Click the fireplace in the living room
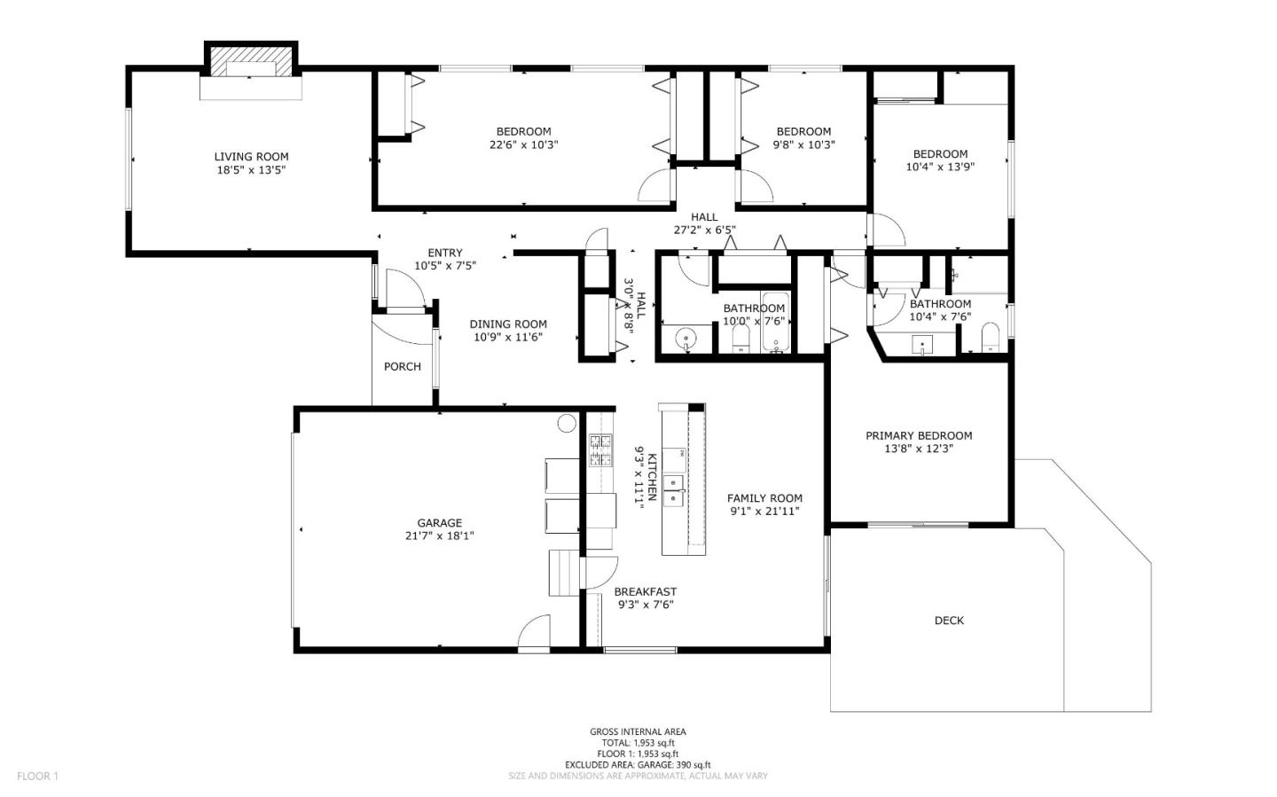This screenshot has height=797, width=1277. click(252, 70)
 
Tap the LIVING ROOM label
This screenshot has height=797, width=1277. click(251, 157)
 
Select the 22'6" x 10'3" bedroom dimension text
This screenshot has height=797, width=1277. click(523, 145)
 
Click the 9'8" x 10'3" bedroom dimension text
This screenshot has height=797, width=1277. click(803, 145)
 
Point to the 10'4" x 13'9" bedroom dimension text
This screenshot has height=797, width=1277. click(940, 166)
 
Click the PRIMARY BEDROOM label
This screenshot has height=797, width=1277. click(919, 435)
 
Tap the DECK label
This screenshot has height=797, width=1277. click(949, 621)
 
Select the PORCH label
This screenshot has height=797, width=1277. click(402, 366)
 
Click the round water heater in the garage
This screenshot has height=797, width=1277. click(566, 423)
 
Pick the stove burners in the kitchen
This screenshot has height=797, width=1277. click(601, 449)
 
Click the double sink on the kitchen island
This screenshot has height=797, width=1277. click(675, 490)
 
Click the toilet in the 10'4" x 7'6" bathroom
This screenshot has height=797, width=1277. click(991, 338)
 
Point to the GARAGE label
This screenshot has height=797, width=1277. click(440, 523)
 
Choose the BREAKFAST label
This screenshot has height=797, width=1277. click(645, 592)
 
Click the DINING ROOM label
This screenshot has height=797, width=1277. click(508, 324)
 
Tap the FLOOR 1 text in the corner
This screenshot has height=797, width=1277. click(37, 777)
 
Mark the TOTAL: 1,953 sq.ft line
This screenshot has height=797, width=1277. click(638, 743)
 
